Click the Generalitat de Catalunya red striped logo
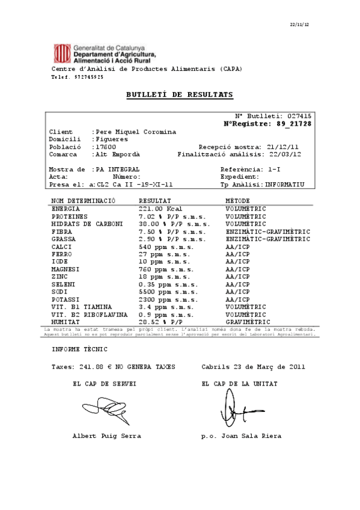(61, 54)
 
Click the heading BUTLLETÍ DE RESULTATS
(180, 95)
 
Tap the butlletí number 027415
(299, 115)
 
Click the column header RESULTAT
(155, 200)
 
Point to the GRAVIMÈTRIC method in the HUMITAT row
(248, 322)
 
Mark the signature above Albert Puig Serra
(103, 411)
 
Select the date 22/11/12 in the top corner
(299, 24)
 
